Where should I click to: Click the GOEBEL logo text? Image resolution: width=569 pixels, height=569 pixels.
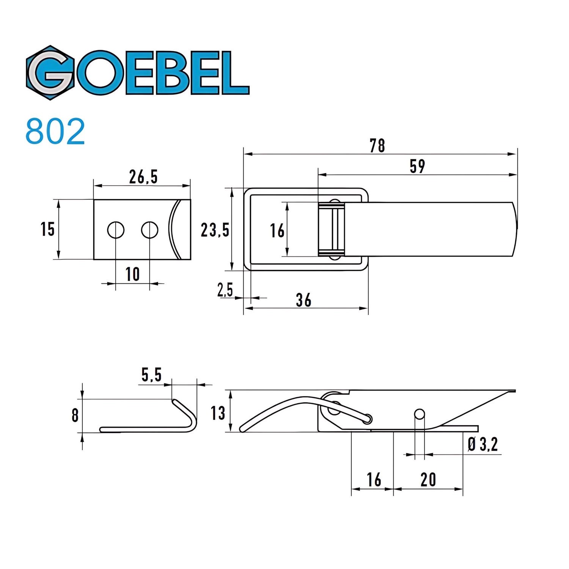pos(138,73)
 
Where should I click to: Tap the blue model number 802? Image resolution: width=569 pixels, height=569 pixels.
pos(55,132)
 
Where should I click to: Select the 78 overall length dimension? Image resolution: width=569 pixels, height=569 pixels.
pos(377,145)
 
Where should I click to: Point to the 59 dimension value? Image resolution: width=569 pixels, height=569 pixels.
pos(417,166)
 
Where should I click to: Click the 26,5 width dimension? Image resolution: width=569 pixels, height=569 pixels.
pos(143,177)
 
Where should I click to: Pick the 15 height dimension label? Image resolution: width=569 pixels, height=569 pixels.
pos(47,229)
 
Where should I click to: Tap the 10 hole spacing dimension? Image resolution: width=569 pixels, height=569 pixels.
pos(132,274)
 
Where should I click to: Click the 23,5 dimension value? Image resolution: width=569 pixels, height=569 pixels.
pos(215,229)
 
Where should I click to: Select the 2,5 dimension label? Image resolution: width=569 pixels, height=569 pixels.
pos(225,290)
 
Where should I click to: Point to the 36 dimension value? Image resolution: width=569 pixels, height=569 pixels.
pos(303,300)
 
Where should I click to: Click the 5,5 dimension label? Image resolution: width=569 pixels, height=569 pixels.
pos(151,375)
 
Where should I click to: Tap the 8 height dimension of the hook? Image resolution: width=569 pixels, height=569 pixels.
pos(75,415)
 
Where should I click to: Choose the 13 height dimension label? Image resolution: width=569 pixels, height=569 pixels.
pos(218,413)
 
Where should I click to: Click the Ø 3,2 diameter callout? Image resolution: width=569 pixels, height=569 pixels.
pos(483,444)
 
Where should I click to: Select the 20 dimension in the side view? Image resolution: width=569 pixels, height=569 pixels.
pos(428,480)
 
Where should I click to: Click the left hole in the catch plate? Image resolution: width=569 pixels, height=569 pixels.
pos(115,230)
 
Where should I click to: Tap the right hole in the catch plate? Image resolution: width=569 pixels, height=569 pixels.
pos(149,230)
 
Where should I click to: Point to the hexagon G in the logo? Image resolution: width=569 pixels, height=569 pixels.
pos(50,73)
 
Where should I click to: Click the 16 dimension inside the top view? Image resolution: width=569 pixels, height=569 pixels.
pos(277,230)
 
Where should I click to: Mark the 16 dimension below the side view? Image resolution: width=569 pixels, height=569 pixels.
pos(374,480)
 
